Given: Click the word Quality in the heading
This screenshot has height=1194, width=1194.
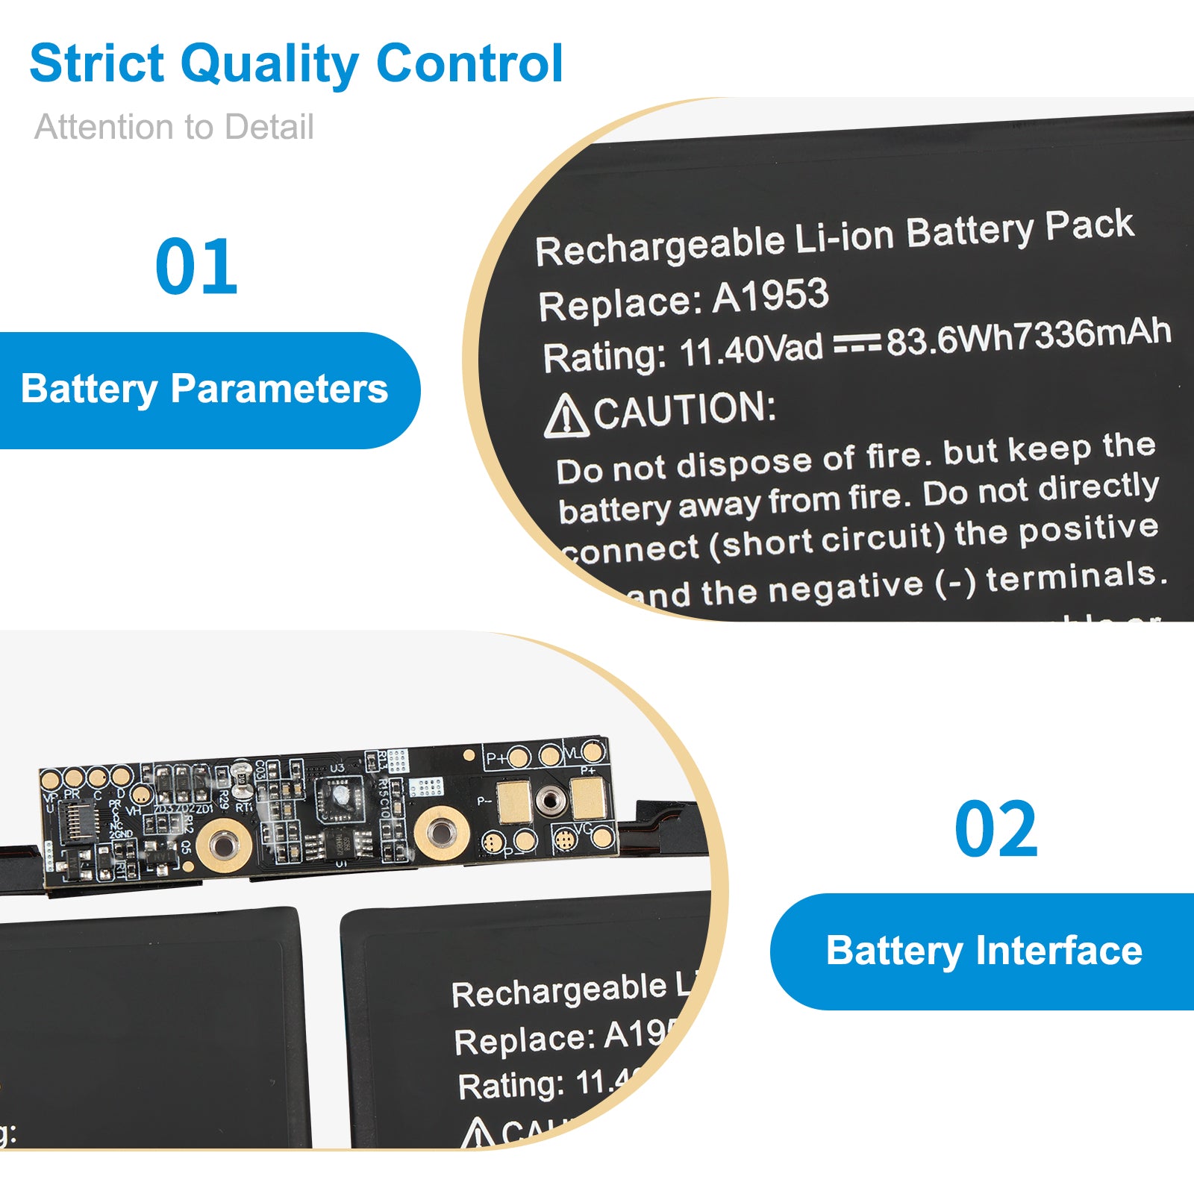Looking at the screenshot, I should click(269, 65).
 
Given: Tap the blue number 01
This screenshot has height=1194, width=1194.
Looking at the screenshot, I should click(196, 266).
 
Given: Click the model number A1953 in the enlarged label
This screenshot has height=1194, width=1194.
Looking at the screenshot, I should click(770, 296).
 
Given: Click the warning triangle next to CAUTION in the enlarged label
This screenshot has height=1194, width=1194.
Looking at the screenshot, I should click(565, 416).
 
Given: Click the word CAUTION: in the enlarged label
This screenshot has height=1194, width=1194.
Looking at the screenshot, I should click(685, 410).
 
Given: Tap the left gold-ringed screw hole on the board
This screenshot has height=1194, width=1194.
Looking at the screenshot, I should click(221, 843).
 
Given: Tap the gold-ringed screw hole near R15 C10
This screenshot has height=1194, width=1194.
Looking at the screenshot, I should click(441, 832).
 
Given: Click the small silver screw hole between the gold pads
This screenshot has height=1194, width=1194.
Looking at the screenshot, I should click(550, 801).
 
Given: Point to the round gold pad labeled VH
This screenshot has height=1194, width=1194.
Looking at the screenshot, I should click(140, 795).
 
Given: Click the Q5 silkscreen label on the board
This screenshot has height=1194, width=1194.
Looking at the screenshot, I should click(185, 846).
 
